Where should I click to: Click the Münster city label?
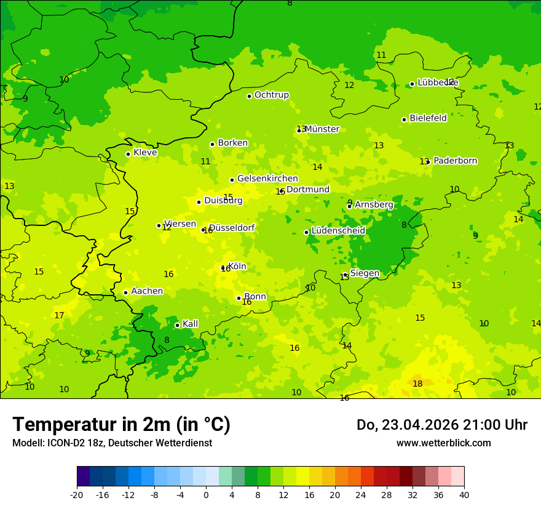[x=322, y=129]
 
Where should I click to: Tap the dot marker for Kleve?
[x=128, y=154]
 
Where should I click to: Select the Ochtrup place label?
[x=271, y=95]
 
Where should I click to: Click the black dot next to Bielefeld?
[x=404, y=119]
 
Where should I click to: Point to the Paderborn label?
[x=455, y=161]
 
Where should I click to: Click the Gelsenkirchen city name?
[x=267, y=179]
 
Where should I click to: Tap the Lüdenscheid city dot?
[x=306, y=232]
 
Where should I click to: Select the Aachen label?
[x=147, y=291]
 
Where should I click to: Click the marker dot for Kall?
[x=177, y=325]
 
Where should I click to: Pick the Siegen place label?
[x=365, y=273]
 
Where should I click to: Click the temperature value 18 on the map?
[x=417, y=384]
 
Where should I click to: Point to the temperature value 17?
[x=59, y=316]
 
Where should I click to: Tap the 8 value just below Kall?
[x=167, y=340]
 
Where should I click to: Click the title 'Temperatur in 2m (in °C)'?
[x=121, y=425]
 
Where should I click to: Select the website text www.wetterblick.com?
[x=443, y=443]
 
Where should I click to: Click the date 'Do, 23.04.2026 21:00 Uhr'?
[x=441, y=425]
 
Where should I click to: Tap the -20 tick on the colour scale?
[x=77, y=495]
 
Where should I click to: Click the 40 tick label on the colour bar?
[x=464, y=495]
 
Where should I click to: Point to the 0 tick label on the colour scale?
[x=206, y=495]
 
